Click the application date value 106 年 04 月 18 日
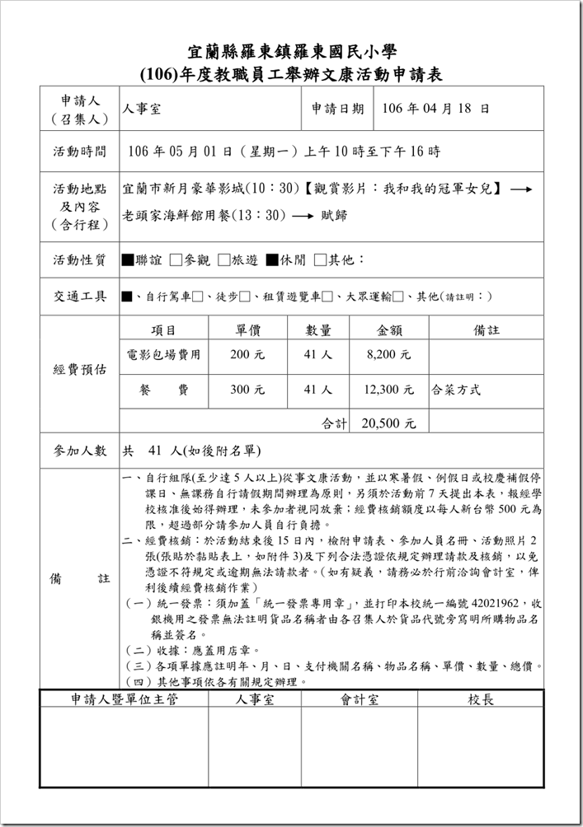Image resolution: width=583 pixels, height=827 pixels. (x=436, y=108)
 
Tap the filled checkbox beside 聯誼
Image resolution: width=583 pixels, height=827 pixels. (x=127, y=260)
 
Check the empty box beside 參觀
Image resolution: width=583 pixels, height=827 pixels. (x=176, y=260)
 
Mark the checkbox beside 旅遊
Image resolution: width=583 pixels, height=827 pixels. (x=224, y=260)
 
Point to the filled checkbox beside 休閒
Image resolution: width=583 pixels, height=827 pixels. (x=272, y=260)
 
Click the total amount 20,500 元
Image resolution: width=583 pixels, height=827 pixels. (x=388, y=423)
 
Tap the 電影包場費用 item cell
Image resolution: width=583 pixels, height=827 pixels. (x=163, y=355)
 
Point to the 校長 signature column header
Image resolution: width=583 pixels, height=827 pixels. (x=480, y=699)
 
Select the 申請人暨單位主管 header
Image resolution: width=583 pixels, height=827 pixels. (x=124, y=699)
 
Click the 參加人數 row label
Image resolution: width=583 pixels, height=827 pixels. (x=81, y=451)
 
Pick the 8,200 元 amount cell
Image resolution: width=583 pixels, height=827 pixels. (x=388, y=355)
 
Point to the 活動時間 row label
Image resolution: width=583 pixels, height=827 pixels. (x=81, y=152)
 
